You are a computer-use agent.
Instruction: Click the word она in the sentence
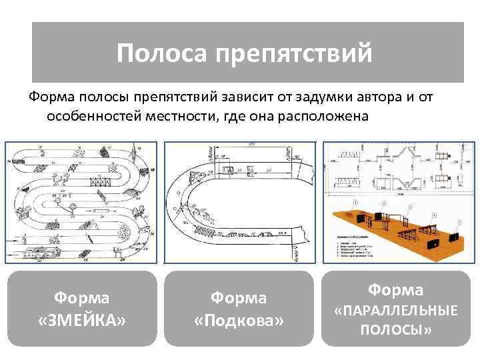pyautogui.click(x=265, y=116)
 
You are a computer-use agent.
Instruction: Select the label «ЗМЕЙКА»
pyautogui.click(x=83, y=321)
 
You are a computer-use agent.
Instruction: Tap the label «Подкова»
pyautogui.click(x=239, y=321)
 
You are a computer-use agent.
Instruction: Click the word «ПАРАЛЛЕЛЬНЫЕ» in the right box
pyautogui.click(x=396, y=311)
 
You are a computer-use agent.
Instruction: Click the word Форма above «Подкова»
pyautogui.click(x=239, y=298)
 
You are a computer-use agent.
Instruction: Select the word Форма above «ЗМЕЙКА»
pyautogui.click(x=83, y=298)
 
